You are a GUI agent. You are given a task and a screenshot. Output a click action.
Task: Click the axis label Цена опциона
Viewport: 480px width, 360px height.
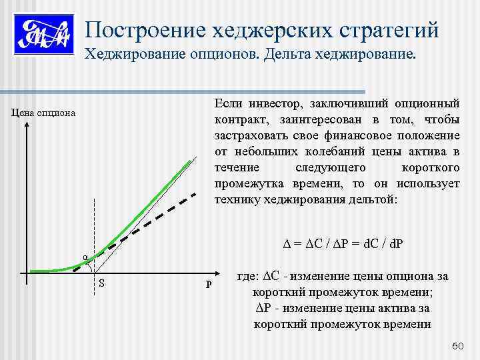point(44,114)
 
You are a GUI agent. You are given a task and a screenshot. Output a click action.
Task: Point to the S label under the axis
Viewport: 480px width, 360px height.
point(101,283)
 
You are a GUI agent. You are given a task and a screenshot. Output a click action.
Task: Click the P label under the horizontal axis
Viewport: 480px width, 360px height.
point(209,285)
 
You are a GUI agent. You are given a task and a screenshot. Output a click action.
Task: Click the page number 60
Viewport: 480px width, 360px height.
point(457,345)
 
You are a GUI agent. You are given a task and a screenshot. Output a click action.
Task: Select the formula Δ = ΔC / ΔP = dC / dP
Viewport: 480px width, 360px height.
point(339,242)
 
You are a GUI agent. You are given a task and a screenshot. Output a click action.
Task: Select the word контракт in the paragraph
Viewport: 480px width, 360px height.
point(237,120)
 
